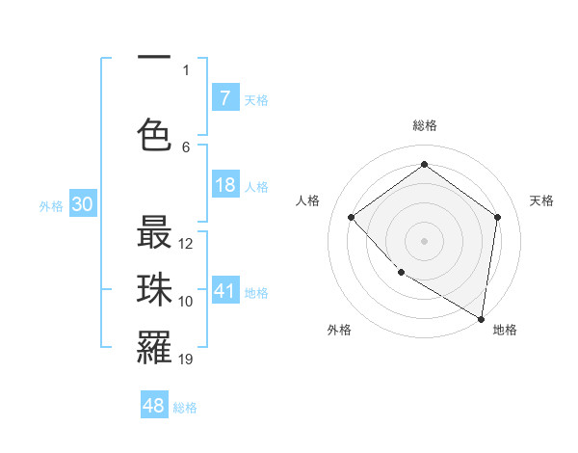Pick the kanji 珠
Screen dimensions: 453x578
click(154, 290)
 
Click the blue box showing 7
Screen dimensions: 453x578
click(224, 98)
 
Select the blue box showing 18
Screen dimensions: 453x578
click(224, 185)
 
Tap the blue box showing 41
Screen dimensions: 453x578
click(224, 291)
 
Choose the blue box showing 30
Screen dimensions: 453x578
click(82, 205)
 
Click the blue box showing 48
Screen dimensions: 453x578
click(154, 407)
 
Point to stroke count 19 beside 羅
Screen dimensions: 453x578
click(186, 360)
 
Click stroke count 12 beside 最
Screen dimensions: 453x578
click(186, 244)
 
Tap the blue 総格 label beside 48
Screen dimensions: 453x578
click(185, 408)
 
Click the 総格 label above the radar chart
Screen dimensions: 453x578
click(424, 125)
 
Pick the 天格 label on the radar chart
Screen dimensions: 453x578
click(541, 200)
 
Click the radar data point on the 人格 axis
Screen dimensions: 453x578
click(352, 217)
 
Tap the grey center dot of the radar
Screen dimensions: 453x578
click(424, 240)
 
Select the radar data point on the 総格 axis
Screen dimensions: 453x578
click(424, 165)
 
